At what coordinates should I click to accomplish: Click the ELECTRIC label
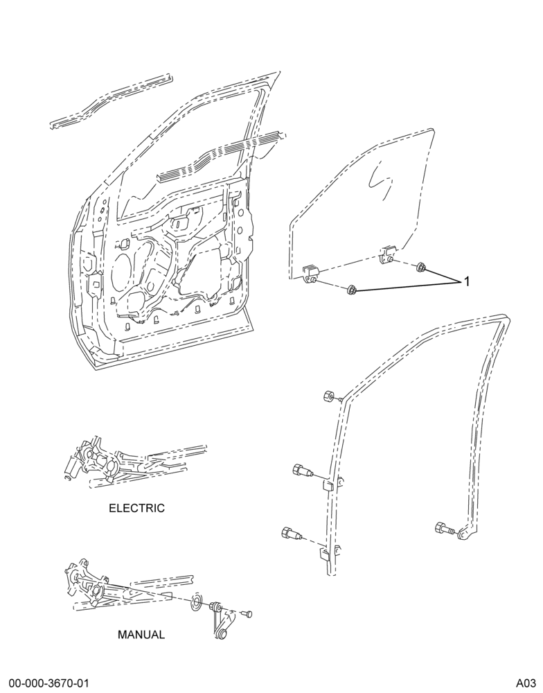point(136,508)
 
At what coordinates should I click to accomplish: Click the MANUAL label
point(141,635)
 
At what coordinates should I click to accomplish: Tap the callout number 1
point(467,281)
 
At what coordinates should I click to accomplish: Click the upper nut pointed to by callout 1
point(421,267)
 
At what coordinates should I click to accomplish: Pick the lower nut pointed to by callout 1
point(352,290)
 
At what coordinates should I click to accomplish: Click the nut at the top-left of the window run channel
point(328,396)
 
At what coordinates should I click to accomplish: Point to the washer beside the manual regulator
point(195,603)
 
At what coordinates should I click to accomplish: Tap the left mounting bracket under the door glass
point(310,275)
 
